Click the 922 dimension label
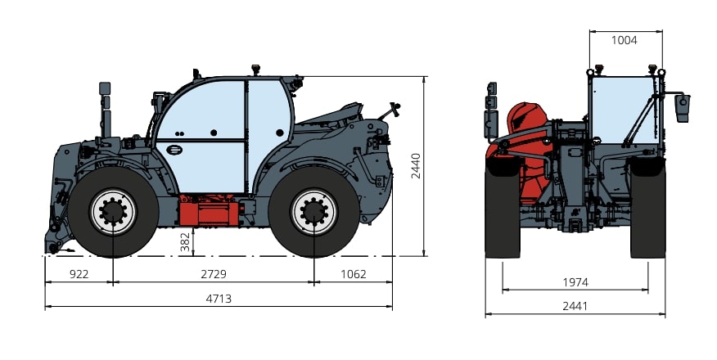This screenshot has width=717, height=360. tap(79, 274)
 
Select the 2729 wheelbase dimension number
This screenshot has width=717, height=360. tap(214, 274)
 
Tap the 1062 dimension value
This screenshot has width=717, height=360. tap(354, 274)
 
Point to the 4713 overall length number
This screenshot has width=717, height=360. tap(219, 299)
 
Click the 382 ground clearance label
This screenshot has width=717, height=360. tap(185, 242)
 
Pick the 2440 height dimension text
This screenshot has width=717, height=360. tap(416, 166)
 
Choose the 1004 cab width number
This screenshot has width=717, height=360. tap(625, 40)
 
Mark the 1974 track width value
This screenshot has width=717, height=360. tap(575, 282)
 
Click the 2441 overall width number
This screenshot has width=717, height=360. tap(575, 306)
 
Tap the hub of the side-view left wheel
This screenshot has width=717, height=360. tap(113, 212)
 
